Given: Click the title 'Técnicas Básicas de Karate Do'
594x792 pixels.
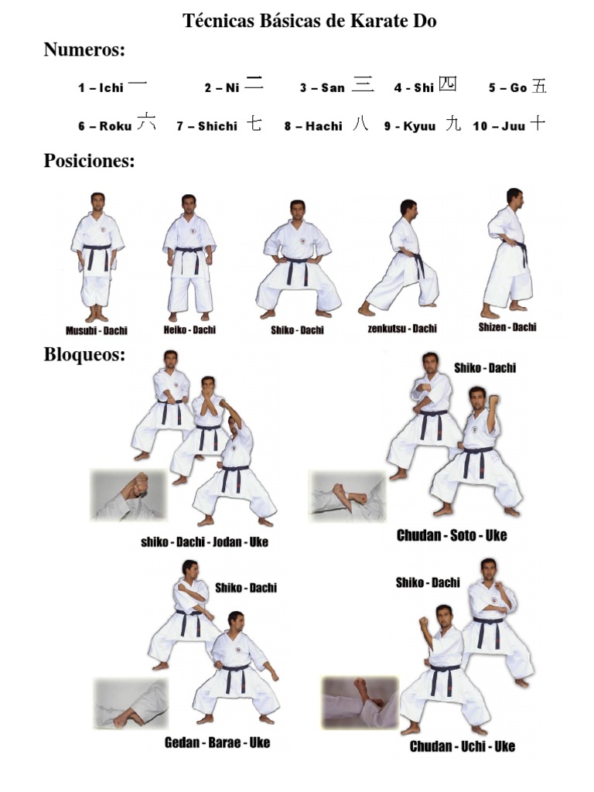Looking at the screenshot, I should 309,21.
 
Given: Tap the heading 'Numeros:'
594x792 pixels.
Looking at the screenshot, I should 84,50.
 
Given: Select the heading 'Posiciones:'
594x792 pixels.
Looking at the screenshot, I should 89,162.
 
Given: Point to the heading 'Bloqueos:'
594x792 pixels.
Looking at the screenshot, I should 84,356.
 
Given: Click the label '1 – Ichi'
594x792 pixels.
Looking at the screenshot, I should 101,88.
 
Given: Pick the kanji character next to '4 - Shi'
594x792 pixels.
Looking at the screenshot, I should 447,84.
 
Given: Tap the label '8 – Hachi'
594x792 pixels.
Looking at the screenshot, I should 312,126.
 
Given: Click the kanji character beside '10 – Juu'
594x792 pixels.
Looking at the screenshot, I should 538,124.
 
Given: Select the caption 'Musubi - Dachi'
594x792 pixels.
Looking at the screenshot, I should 97,331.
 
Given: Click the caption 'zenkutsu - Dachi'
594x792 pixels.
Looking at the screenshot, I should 401,329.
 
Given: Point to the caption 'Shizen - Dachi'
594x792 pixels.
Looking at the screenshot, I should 507,327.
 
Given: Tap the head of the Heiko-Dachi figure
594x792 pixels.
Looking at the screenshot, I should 188,203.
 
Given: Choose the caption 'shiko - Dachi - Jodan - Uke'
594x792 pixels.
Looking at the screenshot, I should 204,542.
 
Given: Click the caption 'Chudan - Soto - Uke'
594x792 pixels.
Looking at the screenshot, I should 452,535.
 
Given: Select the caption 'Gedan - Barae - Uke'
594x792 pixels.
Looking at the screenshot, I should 217,743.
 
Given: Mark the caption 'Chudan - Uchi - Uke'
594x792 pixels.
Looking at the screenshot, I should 462,746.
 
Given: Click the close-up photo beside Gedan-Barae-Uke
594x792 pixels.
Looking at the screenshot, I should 131,704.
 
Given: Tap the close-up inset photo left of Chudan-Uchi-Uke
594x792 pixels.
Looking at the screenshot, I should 359,702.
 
